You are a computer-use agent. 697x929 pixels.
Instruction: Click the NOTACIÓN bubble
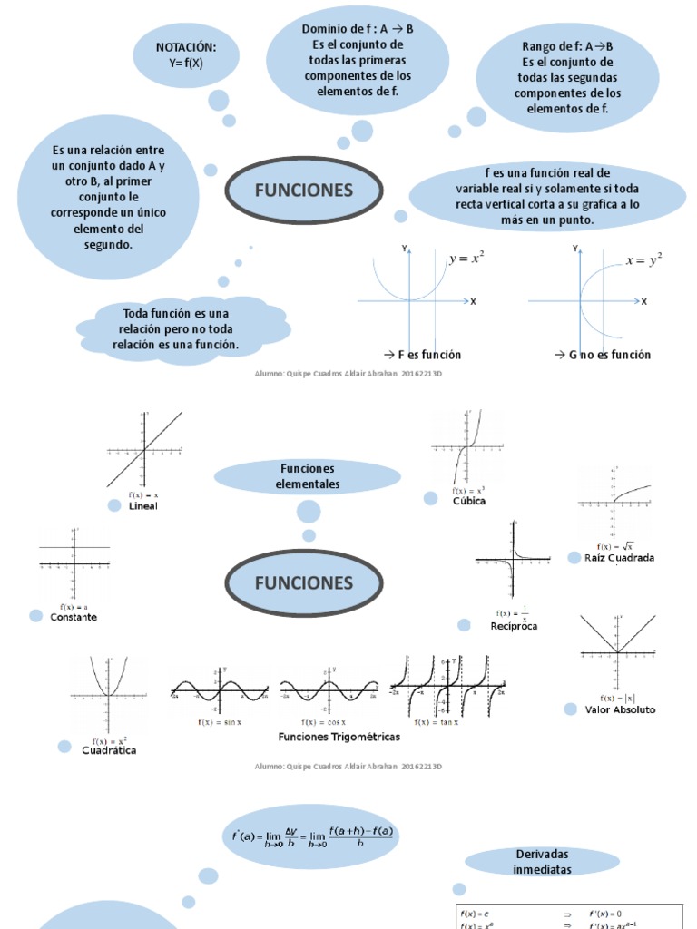(x=186, y=55)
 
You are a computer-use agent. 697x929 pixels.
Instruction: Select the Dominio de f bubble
(x=358, y=61)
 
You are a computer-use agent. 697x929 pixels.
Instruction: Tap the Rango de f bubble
(x=567, y=77)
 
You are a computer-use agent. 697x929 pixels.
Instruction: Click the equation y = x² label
(x=466, y=259)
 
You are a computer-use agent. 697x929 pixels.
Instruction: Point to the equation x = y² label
(x=643, y=260)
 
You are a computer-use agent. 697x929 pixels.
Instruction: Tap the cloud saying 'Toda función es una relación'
(x=182, y=329)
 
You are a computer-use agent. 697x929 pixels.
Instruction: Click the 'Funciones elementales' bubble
(x=308, y=476)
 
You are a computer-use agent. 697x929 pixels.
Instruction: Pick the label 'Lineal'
(x=143, y=506)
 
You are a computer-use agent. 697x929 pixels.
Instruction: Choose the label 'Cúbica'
(x=469, y=501)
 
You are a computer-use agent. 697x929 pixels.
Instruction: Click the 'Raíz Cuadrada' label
(x=620, y=558)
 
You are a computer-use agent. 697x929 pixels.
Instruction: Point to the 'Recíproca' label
(x=514, y=626)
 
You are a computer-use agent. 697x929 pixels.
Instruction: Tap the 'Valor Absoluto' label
(x=620, y=709)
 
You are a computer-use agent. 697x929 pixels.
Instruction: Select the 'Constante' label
(x=74, y=617)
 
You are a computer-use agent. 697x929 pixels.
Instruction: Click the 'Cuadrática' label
(x=109, y=750)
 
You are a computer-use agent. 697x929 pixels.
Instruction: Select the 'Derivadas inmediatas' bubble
(x=543, y=862)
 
